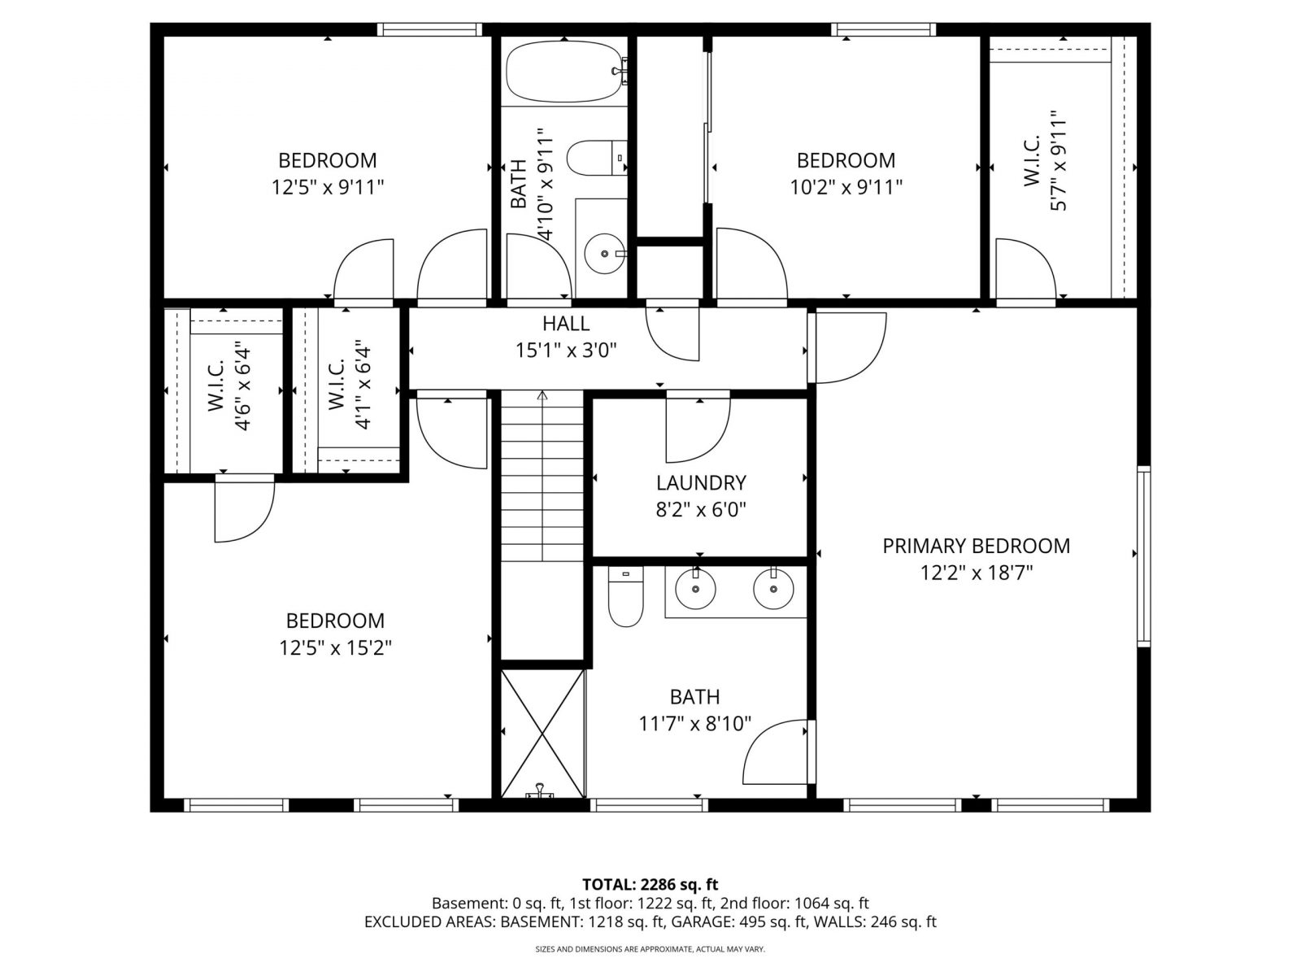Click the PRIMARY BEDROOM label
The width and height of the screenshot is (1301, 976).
coord(976,546)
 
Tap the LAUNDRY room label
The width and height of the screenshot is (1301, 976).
coord(701,483)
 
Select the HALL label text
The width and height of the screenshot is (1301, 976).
coord(566,324)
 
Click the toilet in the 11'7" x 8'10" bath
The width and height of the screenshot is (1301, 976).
coord(625,596)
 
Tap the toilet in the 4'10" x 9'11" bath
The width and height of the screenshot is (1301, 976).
coord(597,158)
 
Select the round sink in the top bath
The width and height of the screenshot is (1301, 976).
coord(605,254)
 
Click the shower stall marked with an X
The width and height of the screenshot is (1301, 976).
coord(542,734)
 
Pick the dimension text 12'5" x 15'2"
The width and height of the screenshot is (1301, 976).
coord(336,647)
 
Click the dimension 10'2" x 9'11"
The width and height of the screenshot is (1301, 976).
coord(846,187)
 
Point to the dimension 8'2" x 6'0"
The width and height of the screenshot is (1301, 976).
coord(701,510)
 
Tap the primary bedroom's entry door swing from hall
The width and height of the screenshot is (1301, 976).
coord(847,348)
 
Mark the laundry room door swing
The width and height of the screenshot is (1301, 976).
coord(698,426)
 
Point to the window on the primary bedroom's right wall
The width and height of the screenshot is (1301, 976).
coord(1143,556)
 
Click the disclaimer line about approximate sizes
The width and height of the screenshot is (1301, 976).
coord(650,948)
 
